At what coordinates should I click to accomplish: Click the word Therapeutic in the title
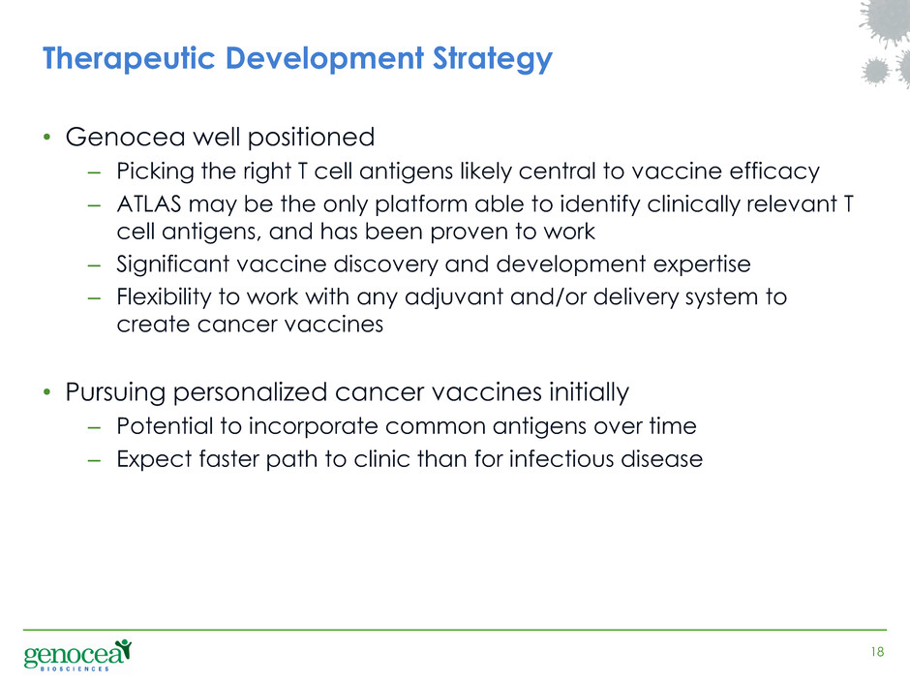pos(129,59)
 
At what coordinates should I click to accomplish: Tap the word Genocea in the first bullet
pos(125,137)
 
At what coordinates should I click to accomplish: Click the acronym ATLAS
pos(149,203)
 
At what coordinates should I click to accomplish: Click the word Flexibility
pos(165,297)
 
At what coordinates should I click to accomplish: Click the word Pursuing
pos(115,392)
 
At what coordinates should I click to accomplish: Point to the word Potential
pos(165,426)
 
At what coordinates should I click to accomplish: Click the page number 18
pos(877,652)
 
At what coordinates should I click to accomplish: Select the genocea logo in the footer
pos(77,655)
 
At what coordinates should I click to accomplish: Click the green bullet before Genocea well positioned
pos(47,138)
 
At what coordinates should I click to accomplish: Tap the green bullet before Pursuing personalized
pos(47,392)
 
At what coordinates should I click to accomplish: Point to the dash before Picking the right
pos(94,172)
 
